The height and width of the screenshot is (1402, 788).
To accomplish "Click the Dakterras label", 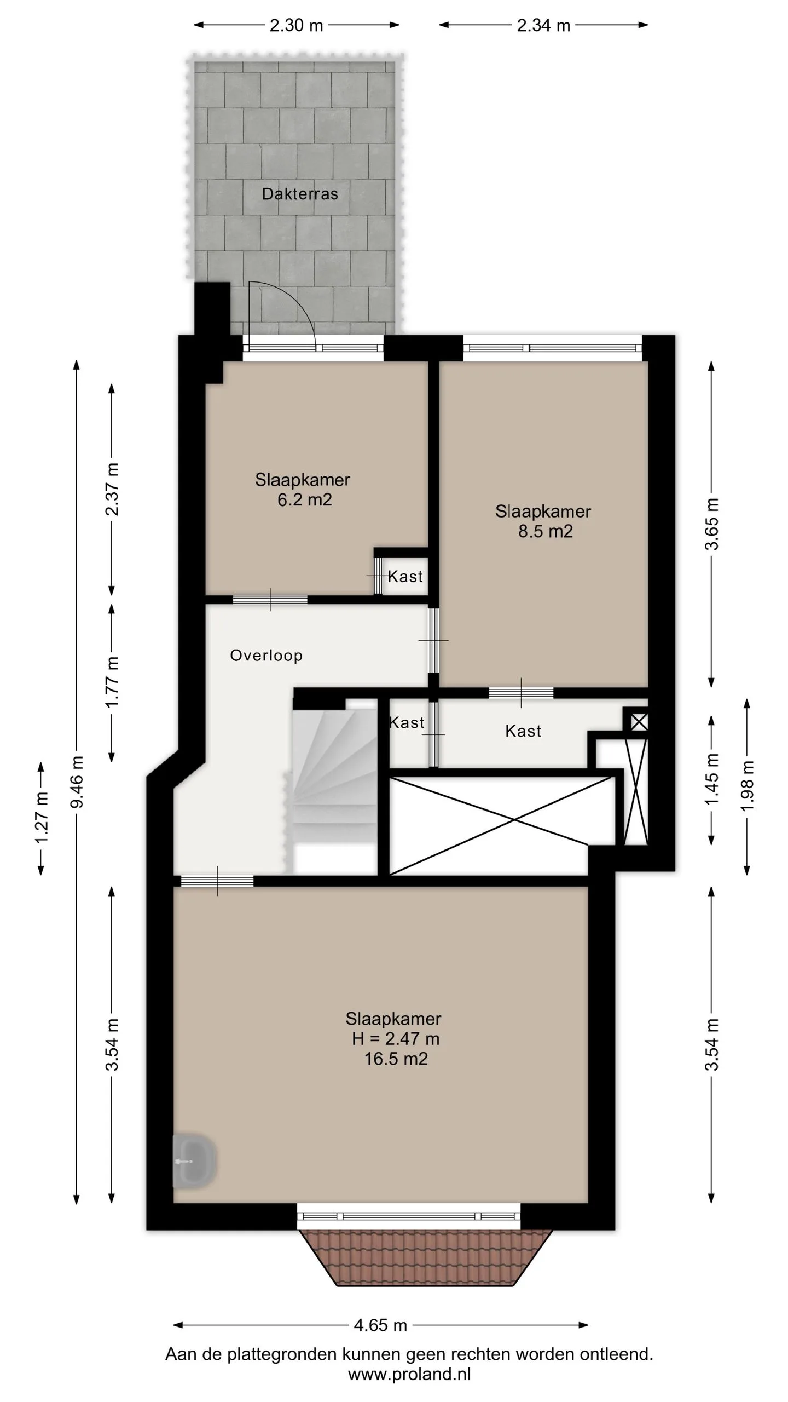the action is coord(300,194).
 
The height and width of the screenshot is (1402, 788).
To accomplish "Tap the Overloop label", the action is coord(266,656).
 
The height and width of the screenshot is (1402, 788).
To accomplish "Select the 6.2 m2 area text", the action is coord(304,499).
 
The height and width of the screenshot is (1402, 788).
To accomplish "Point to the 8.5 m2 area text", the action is coord(546,531).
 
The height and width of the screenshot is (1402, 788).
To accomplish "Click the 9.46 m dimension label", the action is coord(77,782).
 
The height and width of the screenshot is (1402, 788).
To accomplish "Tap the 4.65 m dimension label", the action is coord(380,1325).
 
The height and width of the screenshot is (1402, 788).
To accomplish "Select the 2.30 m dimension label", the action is coord(297,25).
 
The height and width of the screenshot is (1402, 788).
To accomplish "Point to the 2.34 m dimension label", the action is coord(544,25).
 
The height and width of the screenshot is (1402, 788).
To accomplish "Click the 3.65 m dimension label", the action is coord(711,524).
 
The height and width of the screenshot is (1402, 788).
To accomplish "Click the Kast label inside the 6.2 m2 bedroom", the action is coord(405,576).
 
